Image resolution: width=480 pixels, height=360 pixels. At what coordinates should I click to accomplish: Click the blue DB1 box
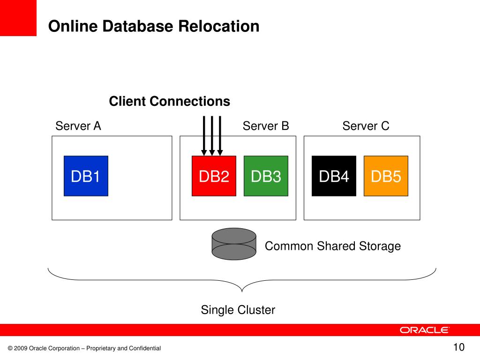[x=86, y=176]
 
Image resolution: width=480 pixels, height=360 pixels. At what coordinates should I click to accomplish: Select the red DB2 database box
[x=214, y=176]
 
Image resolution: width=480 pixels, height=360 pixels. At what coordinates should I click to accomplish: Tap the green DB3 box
[x=266, y=176]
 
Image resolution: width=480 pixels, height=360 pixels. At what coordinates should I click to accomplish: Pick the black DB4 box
[x=334, y=176]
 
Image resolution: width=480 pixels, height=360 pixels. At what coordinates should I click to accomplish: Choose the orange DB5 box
[x=386, y=176]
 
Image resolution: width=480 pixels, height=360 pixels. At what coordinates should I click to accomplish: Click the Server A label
[x=78, y=126]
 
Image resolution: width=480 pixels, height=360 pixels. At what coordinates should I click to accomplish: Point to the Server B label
[x=266, y=126]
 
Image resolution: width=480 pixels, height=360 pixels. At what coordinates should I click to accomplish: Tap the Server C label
[x=366, y=126]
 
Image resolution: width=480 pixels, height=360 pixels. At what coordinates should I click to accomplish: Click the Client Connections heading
[x=170, y=101]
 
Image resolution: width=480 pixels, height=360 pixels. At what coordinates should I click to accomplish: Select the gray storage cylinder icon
[x=234, y=244]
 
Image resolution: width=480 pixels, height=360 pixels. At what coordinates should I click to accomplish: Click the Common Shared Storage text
[x=333, y=246]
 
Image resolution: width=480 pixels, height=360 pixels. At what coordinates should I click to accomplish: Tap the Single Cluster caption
[x=238, y=310]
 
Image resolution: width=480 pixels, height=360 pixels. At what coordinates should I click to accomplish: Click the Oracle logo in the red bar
[x=424, y=330]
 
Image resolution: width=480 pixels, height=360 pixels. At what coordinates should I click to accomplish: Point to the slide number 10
[x=459, y=347]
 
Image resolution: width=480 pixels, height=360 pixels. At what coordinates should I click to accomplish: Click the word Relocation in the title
[x=218, y=26]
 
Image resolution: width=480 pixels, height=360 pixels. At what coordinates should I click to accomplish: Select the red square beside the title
[x=18, y=18]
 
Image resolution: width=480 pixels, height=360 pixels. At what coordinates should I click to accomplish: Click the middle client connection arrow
[x=212, y=136]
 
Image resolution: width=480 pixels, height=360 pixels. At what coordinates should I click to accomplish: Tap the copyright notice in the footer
[x=84, y=348]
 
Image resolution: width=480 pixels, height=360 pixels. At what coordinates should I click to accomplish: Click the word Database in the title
[x=139, y=26]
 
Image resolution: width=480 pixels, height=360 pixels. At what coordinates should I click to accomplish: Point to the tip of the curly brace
[x=242, y=292]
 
